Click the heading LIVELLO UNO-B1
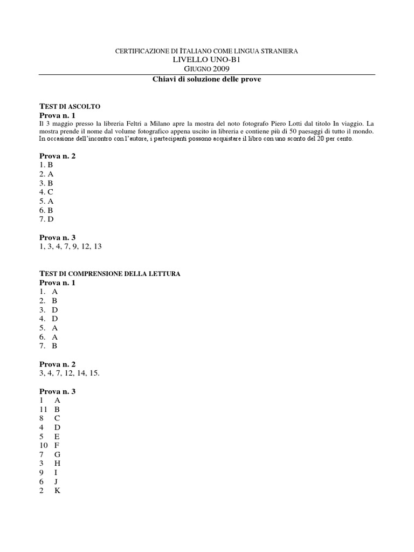click(x=206, y=59)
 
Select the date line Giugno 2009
click(x=206, y=69)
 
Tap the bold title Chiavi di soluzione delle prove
click(x=206, y=79)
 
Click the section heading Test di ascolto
click(x=70, y=107)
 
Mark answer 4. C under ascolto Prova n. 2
click(x=46, y=192)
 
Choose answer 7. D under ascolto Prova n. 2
click(x=46, y=219)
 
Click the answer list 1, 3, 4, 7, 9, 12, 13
click(x=70, y=246)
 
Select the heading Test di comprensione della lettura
click(x=110, y=274)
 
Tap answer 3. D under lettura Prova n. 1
click(x=48, y=310)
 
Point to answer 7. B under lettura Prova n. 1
click(x=48, y=346)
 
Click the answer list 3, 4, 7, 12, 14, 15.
click(x=70, y=373)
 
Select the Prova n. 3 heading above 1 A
click(x=58, y=391)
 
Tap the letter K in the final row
click(x=57, y=491)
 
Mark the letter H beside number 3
click(x=57, y=464)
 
